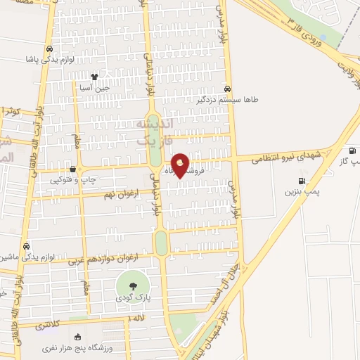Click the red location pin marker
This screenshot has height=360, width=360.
[180, 166]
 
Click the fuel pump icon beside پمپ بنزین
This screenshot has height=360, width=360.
[302, 181]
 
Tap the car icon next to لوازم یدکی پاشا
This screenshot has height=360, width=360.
[49, 49]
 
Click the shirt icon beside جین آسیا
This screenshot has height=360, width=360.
[94, 77]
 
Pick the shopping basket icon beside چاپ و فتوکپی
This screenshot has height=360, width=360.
[74, 169]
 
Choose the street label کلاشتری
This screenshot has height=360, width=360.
[47, 326]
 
